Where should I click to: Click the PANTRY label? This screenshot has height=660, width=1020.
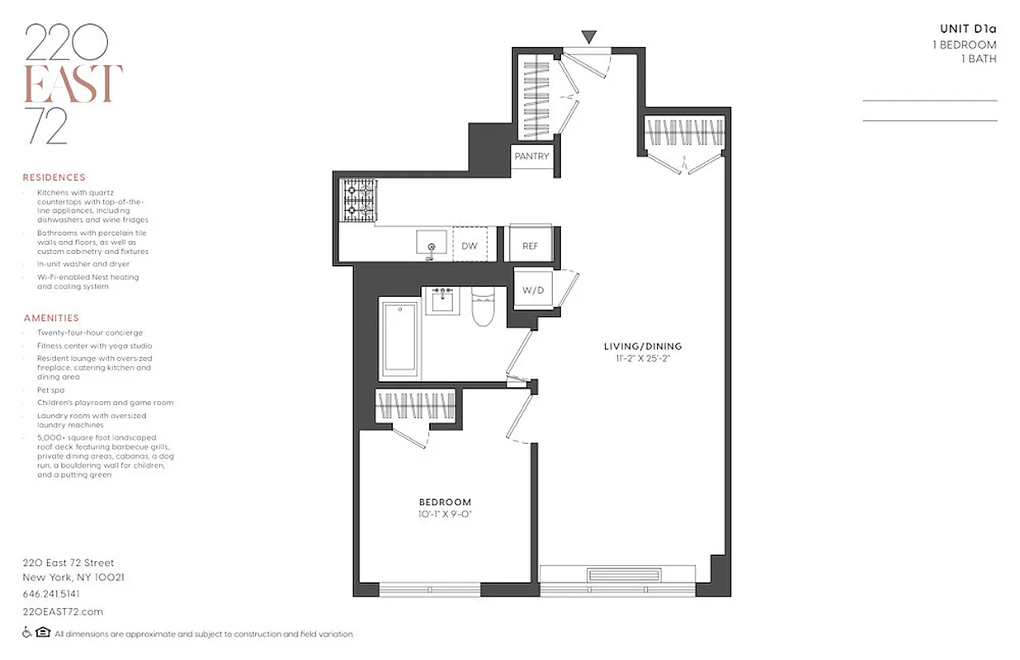tap(531, 157)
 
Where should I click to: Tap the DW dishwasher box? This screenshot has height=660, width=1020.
tap(469, 246)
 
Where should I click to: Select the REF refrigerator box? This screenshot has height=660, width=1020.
tap(531, 246)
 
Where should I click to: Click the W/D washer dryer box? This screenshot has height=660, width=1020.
tap(533, 290)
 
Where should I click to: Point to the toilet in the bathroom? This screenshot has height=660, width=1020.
tap(481, 306)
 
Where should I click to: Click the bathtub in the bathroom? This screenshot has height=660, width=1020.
tap(401, 337)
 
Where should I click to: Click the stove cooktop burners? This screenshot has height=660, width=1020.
tap(357, 201)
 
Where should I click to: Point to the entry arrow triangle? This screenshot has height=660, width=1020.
tap(588, 36)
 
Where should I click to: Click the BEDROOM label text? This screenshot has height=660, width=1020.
tap(445, 502)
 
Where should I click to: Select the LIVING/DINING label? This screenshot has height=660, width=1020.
tap(643, 346)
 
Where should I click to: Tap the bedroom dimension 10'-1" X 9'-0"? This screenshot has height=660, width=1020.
tap(445, 515)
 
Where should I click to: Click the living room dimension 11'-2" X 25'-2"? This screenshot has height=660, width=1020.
tap(643, 359)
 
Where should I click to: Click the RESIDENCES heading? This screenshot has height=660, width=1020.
tap(54, 177)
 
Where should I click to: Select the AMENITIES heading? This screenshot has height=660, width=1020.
tap(51, 318)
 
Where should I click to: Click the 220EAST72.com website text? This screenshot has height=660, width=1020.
tap(63, 611)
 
